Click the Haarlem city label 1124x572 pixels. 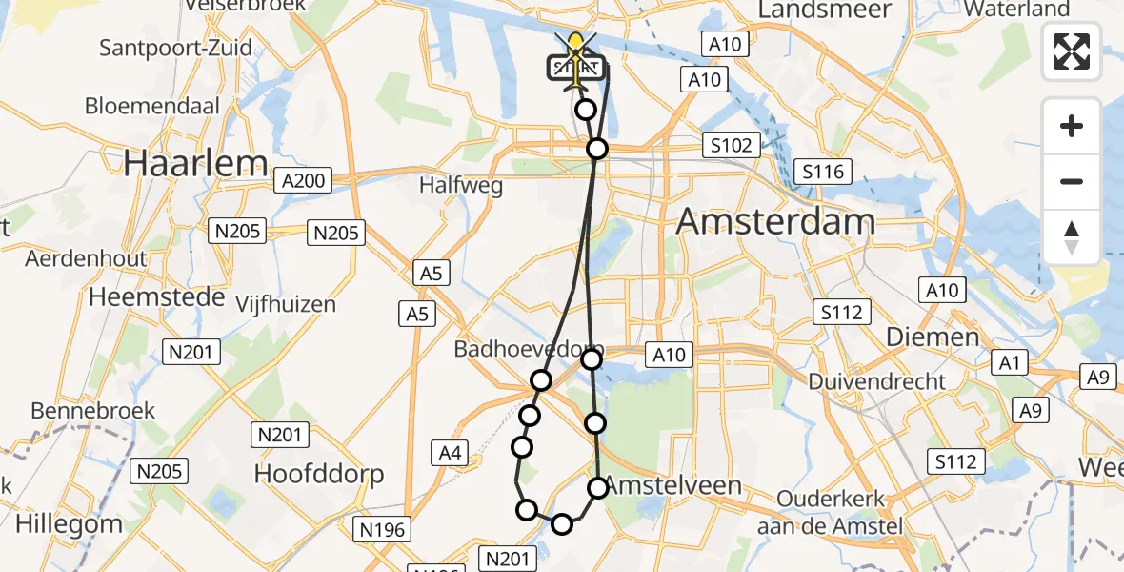point(195,163)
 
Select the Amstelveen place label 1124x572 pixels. point(673,485)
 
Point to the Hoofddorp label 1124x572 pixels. point(319,474)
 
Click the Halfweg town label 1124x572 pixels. point(461,186)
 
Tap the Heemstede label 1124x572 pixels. point(156,297)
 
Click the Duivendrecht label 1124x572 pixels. point(877,381)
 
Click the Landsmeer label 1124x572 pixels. point(825,10)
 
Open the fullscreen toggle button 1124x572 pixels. point(1072,51)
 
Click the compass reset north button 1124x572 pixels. point(1072,237)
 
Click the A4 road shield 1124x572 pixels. point(451,453)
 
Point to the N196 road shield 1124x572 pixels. point(383,530)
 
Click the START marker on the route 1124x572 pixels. point(575,68)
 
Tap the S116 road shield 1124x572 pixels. point(823,172)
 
